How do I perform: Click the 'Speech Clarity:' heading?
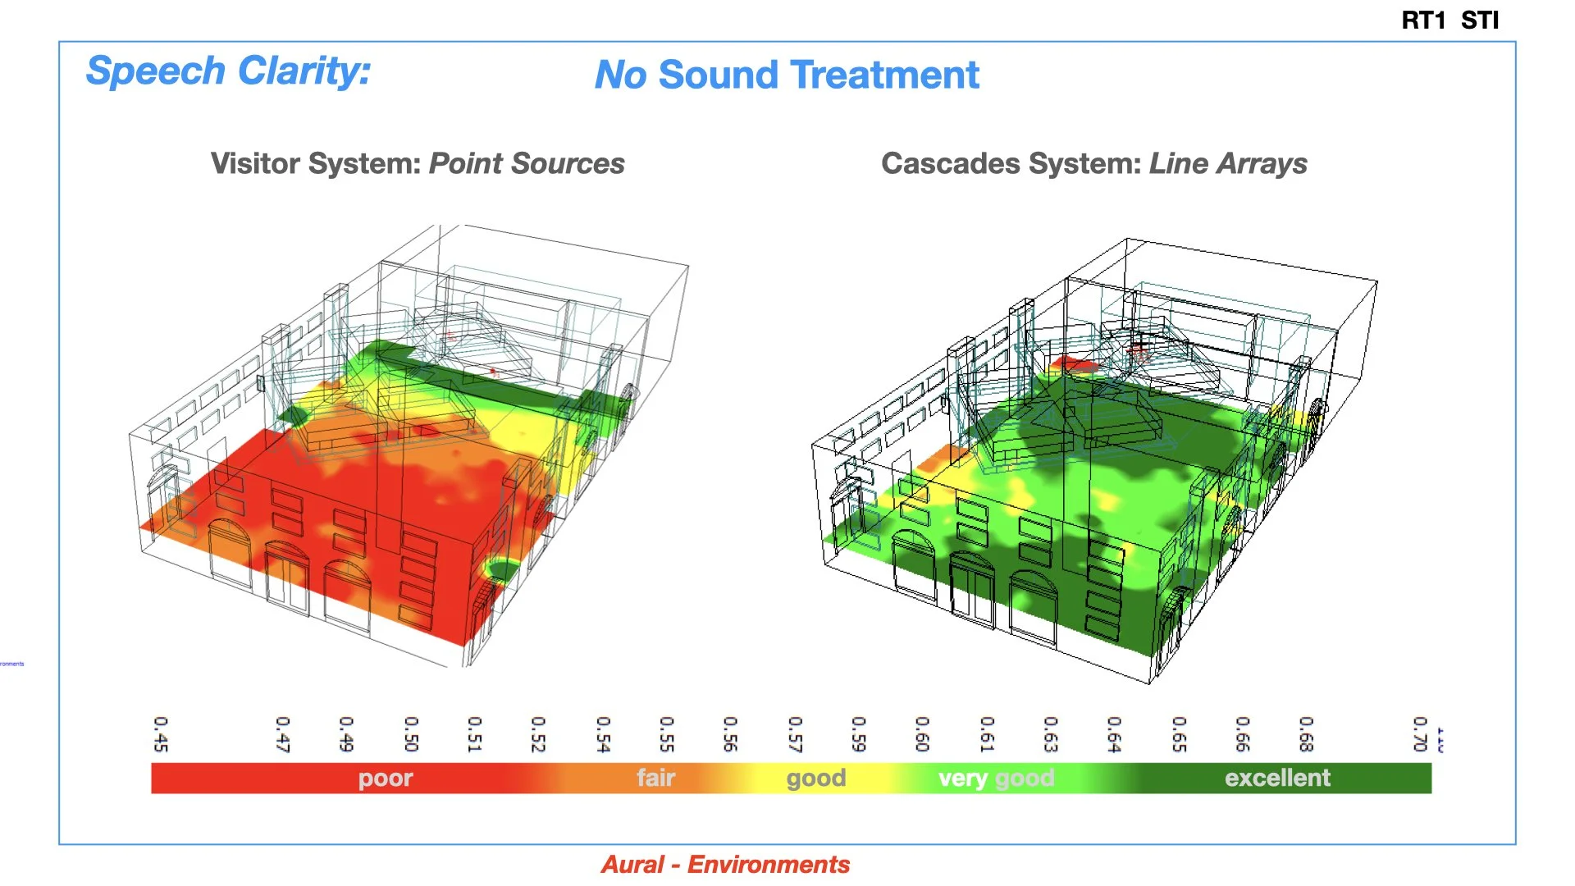[x=228, y=71]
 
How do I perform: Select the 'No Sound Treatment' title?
[x=786, y=75]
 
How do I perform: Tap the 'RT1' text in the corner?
[x=1423, y=21]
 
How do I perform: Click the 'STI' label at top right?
[x=1480, y=21]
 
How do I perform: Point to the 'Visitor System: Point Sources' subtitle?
[x=418, y=163]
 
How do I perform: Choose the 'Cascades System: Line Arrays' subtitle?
[x=1093, y=163]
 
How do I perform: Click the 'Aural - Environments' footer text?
[x=725, y=865]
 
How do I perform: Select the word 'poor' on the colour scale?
[x=386, y=778]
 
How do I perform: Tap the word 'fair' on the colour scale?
[x=655, y=778]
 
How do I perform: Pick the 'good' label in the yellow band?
[x=815, y=778]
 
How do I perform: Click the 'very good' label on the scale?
[x=996, y=778]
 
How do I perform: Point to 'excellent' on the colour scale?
[x=1277, y=778]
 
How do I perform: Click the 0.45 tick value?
[x=161, y=734]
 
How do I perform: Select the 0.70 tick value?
[x=1420, y=734]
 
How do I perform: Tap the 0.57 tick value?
[x=794, y=734]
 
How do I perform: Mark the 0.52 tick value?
[x=538, y=734]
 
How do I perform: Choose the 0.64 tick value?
[x=1114, y=734]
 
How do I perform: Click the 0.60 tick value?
[x=922, y=734]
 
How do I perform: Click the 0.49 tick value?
[x=346, y=734]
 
